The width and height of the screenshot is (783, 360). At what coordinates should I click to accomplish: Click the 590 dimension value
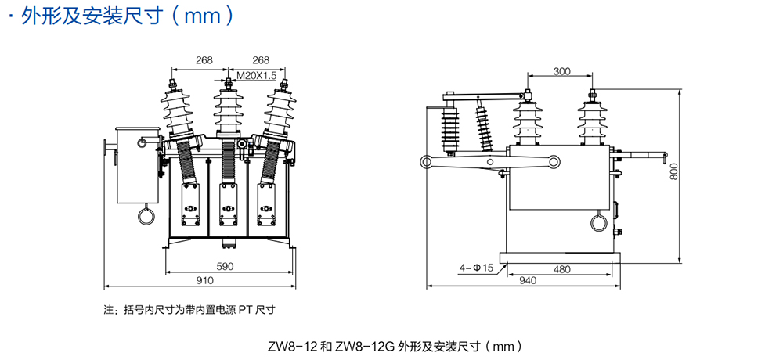[x=226, y=266]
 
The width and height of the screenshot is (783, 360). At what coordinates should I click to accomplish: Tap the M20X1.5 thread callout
[x=256, y=76]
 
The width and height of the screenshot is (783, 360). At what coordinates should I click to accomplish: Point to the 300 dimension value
[x=561, y=71]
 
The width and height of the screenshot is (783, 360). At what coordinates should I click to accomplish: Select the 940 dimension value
[x=527, y=280]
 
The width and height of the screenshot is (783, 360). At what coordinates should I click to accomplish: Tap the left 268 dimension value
[x=204, y=60]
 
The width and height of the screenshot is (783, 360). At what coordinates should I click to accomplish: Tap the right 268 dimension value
[x=261, y=60]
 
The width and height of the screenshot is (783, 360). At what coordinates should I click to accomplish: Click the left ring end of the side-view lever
[x=429, y=163]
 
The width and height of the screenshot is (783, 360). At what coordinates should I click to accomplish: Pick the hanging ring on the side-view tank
[x=599, y=222]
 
